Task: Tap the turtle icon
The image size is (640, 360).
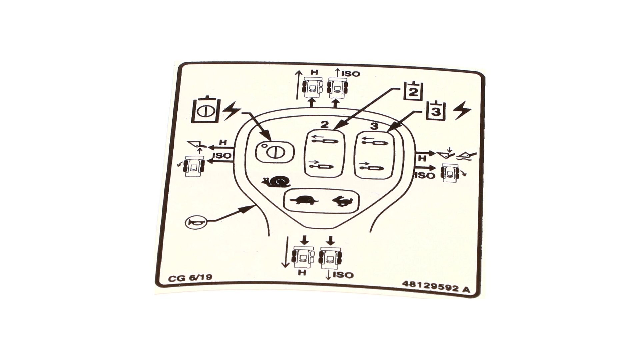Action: coord(304,201)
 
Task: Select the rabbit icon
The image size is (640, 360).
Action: coord(342,201)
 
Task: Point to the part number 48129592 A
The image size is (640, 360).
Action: coord(436,287)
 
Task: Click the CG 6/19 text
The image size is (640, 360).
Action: coord(190,278)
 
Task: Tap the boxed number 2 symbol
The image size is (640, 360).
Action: coord(413,91)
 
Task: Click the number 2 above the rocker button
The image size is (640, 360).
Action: coord(324,125)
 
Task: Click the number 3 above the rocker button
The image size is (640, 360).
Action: coord(374,126)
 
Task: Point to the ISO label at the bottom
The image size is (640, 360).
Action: coord(343,275)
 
